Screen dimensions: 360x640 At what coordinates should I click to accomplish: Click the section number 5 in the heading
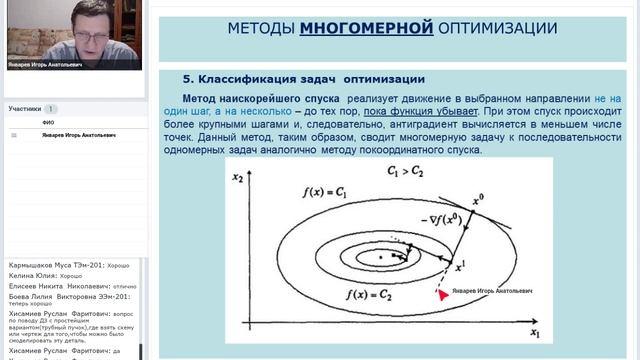tap(186, 79)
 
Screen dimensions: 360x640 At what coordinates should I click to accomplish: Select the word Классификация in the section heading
tap(245, 79)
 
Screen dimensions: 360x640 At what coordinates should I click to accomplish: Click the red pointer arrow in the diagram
tap(438, 293)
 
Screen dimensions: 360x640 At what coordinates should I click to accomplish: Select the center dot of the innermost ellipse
tap(380, 257)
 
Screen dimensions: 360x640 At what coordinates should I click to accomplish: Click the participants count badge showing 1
tap(51, 109)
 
